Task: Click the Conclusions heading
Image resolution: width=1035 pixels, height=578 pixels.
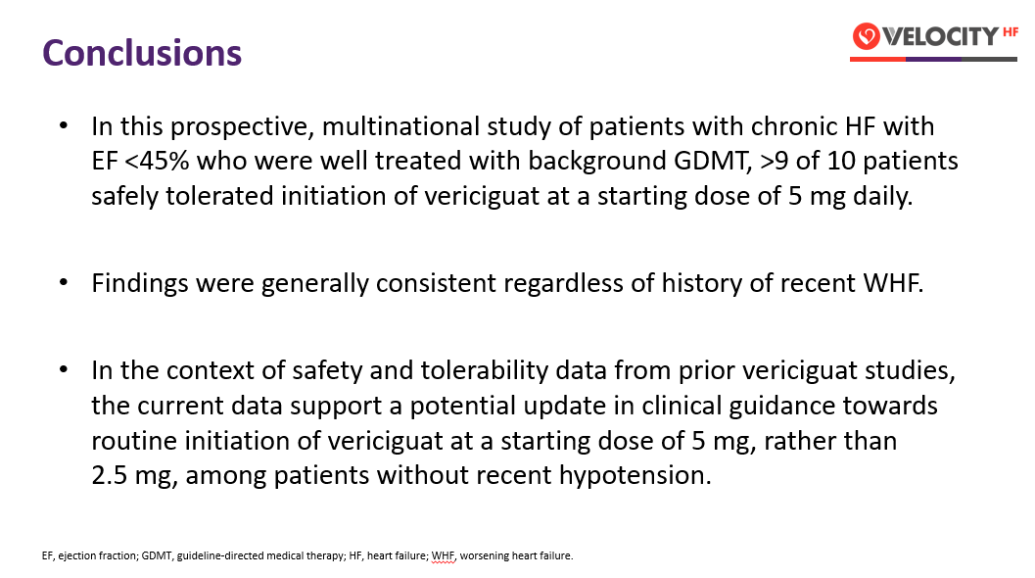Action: (142, 53)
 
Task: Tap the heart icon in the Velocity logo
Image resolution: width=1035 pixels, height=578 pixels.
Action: (866, 35)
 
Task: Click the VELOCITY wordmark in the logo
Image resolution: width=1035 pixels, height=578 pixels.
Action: (941, 36)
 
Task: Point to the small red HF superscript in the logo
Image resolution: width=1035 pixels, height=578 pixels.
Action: (1010, 31)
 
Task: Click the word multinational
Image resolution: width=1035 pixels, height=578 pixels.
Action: (400, 126)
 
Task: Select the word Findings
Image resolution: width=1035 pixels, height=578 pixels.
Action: (140, 283)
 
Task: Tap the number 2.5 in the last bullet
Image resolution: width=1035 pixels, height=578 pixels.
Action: (109, 475)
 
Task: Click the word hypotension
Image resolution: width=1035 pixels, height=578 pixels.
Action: (635, 475)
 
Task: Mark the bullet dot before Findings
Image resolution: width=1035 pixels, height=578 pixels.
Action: (64, 282)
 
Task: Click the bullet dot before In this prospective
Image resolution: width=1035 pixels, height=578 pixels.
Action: (64, 125)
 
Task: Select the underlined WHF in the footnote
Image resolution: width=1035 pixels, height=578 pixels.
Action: (443, 555)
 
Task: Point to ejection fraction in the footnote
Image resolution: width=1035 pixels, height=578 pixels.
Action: (98, 555)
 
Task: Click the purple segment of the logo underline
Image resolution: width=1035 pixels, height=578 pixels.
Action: (933, 60)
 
